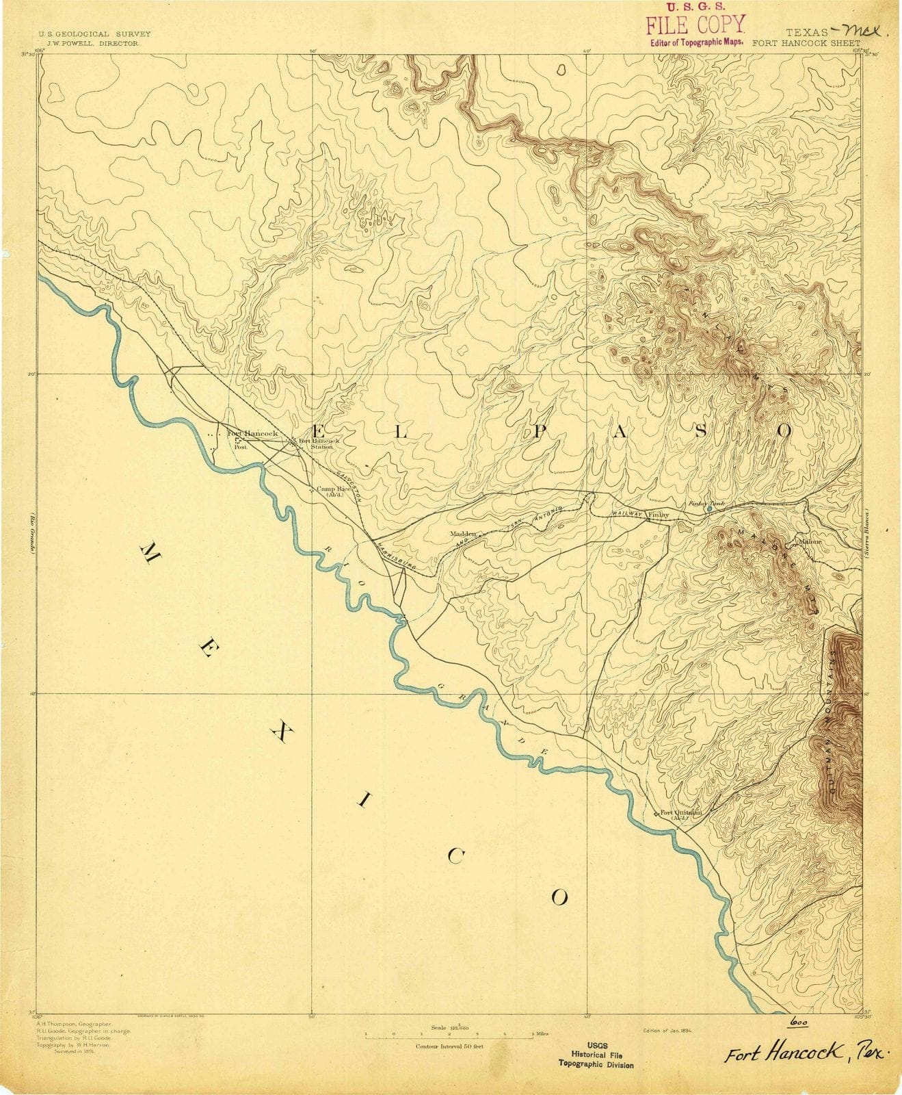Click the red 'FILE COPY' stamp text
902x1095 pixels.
pyautogui.click(x=695, y=25)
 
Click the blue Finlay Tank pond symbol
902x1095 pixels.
pyautogui.click(x=709, y=509)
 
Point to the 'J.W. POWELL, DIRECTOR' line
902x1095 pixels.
pyautogui.click(x=90, y=42)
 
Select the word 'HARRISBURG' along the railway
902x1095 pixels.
pyautogui.click(x=395, y=556)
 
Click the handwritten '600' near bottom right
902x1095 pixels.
pyautogui.click(x=797, y=1020)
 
